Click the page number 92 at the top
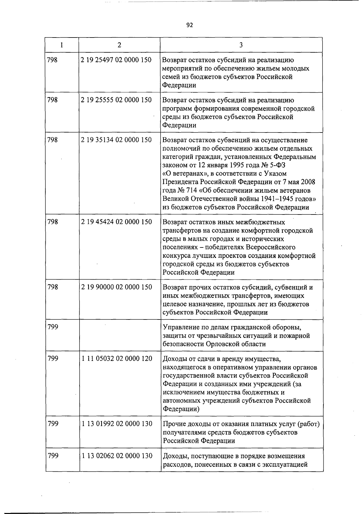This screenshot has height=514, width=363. pyautogui.click(x=189, y=25)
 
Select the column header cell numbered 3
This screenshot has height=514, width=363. pyautogui.click(x=241, y=45)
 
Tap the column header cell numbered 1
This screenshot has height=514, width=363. pyautogui.click(x=62, y=45)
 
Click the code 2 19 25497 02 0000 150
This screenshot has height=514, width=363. pyautogui.click(x=116, y=60)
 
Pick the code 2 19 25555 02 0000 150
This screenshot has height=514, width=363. pyautogui.click(x=116, y=100)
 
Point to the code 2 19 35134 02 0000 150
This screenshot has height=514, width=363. pyautogui.click(x=116, y=140)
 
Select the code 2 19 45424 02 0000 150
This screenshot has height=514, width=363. pyautogui.click(x=116, y=222)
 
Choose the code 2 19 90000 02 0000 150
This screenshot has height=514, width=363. pyautogui.click(x=116, y=287)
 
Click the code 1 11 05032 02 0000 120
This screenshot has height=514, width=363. pyautogui.click(x=117, y=358)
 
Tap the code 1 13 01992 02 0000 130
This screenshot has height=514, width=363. pyautogui.click(x=117, y=424)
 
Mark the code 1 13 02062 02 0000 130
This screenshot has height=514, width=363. pyautogui.click(x=117, y=456)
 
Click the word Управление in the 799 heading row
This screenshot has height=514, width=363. pyautogui.click(x=181, y=327)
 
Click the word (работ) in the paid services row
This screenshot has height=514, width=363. pyautogui.click(x=308, y=424)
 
